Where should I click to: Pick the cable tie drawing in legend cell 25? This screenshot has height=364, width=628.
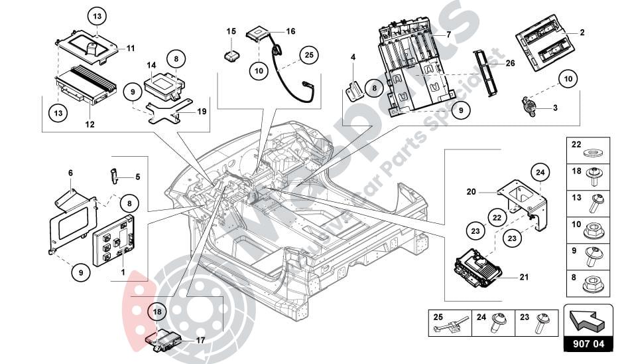click(452, 325)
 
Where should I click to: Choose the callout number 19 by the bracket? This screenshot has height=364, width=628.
click(202, 112)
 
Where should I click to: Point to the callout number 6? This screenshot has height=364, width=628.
click(70, 173)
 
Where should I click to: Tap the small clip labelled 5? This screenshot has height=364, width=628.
click(113, 177)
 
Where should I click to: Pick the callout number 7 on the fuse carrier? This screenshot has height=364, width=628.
click(448, 33)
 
